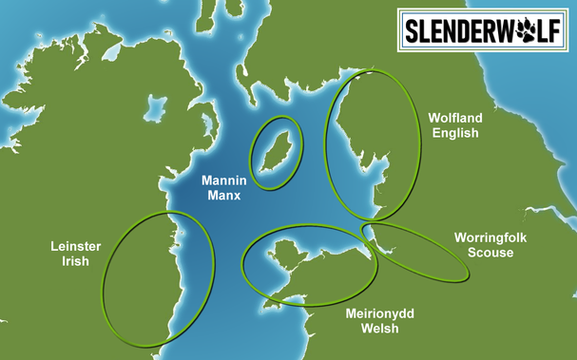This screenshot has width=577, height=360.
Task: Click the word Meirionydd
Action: tap(373, 313)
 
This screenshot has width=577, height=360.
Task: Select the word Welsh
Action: tap(373, 330)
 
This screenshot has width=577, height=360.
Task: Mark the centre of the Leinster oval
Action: tap(155, 277)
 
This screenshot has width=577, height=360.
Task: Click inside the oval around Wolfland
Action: tap(372, 142)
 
